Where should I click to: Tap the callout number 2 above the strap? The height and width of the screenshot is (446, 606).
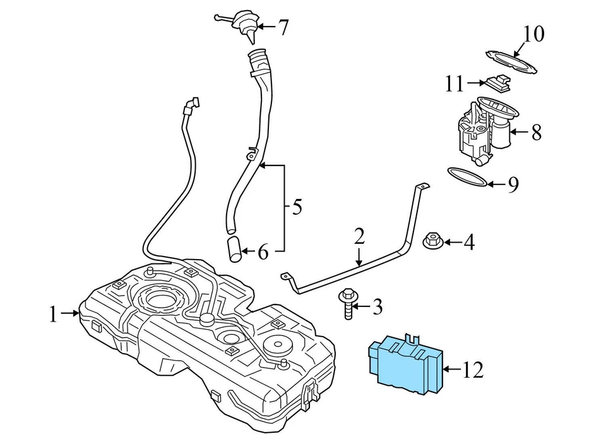(359, 237)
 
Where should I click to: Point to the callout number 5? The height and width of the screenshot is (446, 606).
(297, 207)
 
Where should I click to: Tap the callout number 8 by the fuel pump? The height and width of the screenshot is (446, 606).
(536, 132)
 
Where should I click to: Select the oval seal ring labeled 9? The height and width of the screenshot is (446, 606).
(467, 178)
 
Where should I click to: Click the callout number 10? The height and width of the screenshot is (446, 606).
(533, 33)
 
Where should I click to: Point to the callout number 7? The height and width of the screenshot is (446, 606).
(283, 28)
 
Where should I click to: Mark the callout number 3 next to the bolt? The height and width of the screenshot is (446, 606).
(377, 308)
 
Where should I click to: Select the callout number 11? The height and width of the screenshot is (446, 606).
(454, 84)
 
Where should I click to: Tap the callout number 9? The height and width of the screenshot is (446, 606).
(513, 184)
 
